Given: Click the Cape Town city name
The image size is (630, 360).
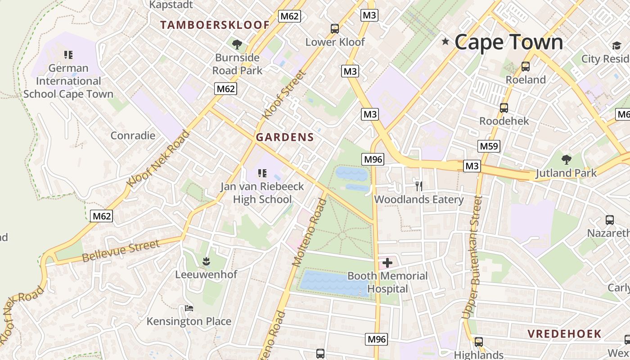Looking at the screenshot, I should pos(508,42).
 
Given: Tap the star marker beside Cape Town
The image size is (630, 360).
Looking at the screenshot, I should pos(445,42).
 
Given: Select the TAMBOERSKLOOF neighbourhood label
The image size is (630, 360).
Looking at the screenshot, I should pos(215,25).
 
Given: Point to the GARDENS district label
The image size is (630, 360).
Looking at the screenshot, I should pos(284,137).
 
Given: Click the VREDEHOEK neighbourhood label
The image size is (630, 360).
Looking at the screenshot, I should pos(564,333).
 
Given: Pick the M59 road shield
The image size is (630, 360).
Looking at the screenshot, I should pos(489,146).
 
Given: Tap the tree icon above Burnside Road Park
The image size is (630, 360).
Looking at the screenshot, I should pos(237,44).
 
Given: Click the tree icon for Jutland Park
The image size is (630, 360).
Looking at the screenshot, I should pos(566,159).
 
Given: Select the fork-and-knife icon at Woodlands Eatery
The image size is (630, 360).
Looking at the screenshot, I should pos(418,186).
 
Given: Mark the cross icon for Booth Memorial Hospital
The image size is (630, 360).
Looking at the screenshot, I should pos(387,262).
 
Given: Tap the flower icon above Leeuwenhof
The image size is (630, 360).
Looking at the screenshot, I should pos(206,261).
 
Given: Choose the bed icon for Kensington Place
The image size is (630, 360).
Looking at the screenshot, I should pos(189,308).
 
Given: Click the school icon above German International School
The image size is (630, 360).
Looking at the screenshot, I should pos(68,55).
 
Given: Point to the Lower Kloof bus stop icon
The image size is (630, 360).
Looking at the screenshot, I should pos(334,29).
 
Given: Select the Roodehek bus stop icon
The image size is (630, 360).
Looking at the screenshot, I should pos(504,108).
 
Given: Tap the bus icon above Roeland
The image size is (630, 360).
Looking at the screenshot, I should pos(525,67).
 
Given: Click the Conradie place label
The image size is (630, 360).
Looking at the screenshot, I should pos(133,135).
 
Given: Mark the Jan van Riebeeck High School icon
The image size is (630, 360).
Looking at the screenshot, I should pos(262,173).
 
